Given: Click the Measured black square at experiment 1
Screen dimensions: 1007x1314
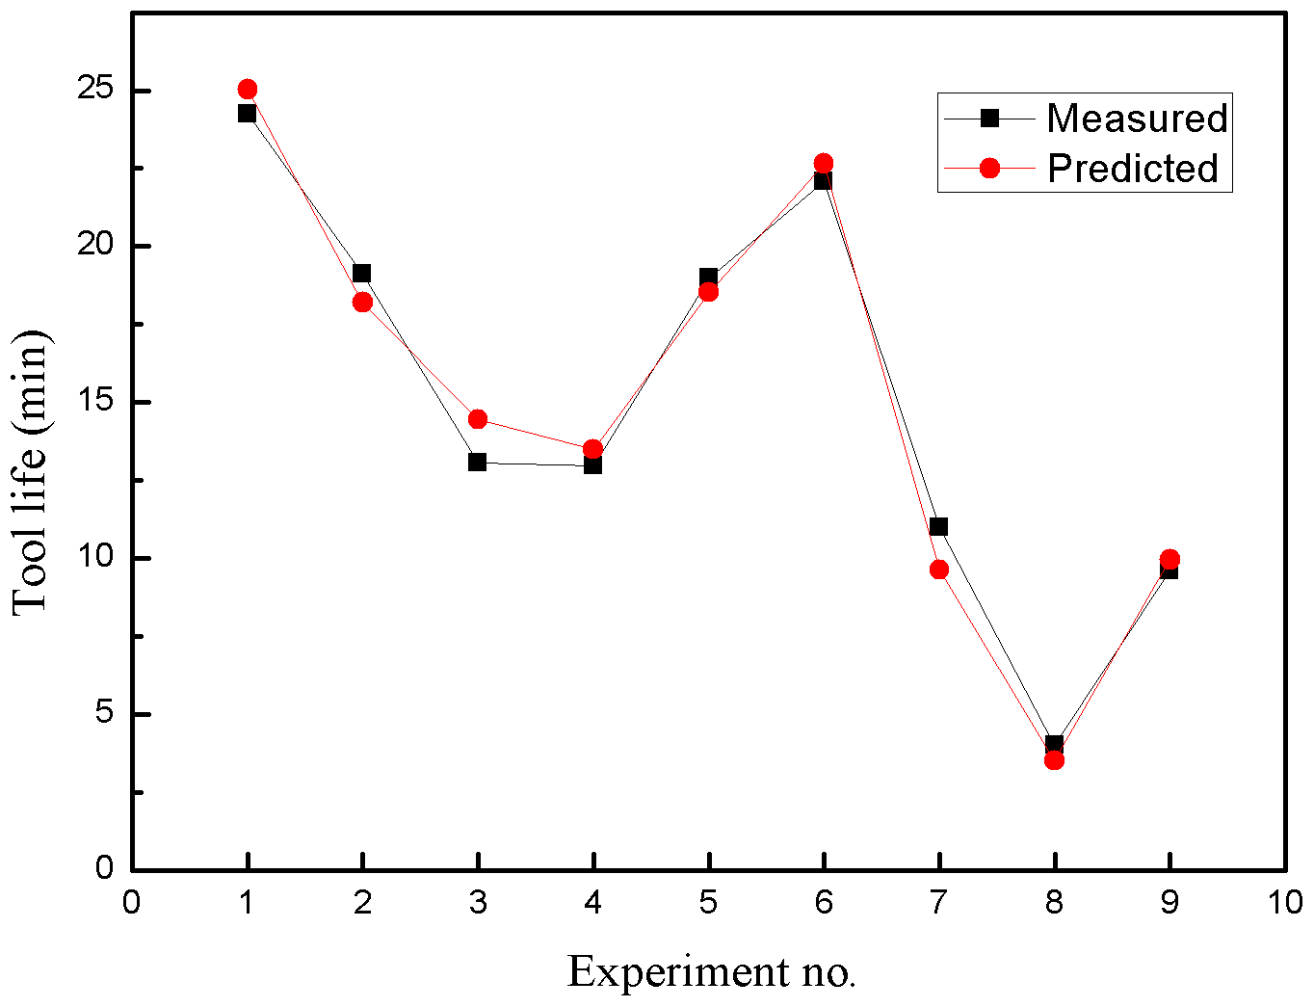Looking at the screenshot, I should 247,113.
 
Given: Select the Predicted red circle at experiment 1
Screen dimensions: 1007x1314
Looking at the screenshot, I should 248,90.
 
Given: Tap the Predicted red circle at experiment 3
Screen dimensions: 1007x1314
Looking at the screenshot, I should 477,419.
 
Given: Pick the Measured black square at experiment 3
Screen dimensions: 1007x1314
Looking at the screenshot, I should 477,462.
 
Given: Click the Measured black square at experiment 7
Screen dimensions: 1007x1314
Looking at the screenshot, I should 938,526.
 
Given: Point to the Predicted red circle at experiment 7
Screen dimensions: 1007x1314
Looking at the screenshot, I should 939,570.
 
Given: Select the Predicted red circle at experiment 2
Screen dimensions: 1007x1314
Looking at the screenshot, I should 362,302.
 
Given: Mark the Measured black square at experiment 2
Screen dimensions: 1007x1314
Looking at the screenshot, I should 361,273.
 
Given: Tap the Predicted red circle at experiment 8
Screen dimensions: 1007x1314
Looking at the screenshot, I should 1054,760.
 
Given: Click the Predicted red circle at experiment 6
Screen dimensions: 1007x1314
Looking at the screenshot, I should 824,163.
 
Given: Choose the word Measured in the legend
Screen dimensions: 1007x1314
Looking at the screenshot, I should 1137,118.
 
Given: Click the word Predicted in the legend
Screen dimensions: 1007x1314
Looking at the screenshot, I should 1133,169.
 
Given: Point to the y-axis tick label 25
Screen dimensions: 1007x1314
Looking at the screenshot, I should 96,90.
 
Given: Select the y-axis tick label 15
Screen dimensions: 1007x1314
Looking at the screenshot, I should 96,402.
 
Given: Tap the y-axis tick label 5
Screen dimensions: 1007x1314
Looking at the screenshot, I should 104,714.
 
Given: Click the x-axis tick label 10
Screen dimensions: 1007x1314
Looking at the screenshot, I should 1284,902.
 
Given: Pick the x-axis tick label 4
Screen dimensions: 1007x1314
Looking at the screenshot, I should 592,902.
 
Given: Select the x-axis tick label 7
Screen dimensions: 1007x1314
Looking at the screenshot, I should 938,902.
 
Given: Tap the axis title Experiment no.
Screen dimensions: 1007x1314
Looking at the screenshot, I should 711,971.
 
